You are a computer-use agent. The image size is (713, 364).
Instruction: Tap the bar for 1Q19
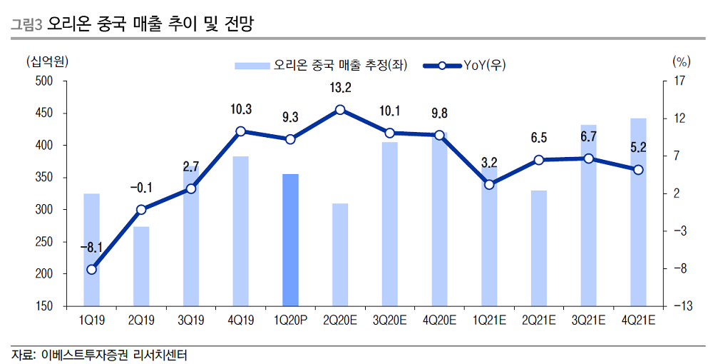tap(91, 249)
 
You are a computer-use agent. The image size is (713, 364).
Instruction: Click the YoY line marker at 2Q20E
tap(340, 110)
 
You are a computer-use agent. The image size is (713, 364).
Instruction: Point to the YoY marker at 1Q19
tap(91, 270)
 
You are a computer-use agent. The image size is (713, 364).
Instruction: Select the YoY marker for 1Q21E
tap(489, 185)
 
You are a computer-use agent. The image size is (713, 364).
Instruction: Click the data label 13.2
tap(340, 88)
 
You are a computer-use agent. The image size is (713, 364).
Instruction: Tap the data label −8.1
tap(91, 248)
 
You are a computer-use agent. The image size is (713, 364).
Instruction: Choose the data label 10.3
tap(241, 109)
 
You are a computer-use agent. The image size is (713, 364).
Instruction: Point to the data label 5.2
tap(638, 148)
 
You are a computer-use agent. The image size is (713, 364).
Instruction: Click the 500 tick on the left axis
tap(44, 81)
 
